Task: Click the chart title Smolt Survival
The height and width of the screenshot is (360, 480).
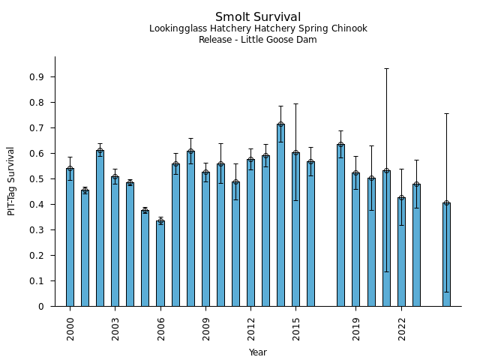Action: [258, 17]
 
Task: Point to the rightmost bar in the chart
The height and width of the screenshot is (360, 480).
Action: [446, 254]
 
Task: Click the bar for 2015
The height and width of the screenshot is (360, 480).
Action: [295, 229]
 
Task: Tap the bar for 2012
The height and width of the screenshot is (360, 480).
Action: [250, 232]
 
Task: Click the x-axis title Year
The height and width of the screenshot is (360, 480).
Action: [258, 352]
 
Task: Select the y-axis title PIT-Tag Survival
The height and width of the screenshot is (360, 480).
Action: [11, 181]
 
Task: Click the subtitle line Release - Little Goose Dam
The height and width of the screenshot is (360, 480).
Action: [258, 40]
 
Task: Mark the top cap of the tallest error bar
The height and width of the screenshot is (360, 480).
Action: [386, 69]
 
